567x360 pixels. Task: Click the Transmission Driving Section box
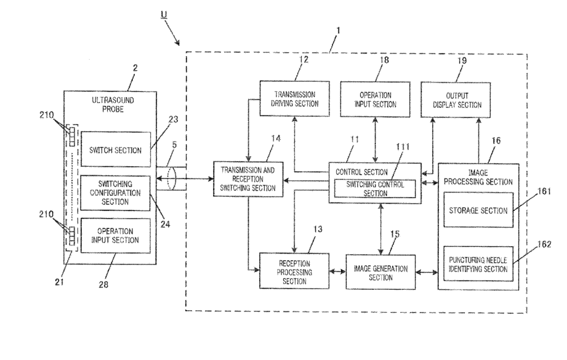295,98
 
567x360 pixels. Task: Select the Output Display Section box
456,100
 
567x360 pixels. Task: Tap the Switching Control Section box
375,189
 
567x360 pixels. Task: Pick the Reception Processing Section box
294,271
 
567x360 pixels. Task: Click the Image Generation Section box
380,272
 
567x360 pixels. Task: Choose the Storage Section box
478,210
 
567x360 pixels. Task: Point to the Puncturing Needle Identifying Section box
478,264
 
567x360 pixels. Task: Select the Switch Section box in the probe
115,150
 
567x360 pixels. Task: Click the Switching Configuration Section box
115,193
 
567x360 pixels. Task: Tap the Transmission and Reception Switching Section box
248,179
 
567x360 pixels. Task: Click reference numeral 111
403,146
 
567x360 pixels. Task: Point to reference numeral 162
544,244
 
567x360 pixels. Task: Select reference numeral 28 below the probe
103,284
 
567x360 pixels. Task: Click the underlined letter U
164,14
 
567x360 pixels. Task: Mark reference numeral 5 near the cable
174,145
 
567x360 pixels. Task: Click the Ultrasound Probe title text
113,105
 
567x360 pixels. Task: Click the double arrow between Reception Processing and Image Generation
337,271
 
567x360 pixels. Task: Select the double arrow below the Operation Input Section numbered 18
375,140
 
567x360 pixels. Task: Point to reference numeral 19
462,60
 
